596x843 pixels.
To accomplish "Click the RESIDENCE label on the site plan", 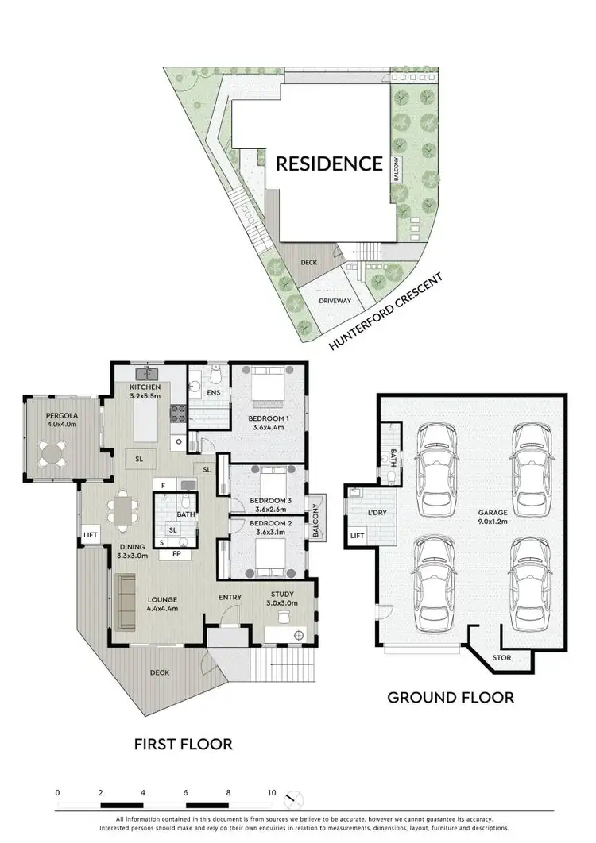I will coord(329,164).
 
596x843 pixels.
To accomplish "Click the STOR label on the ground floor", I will coord(502,658).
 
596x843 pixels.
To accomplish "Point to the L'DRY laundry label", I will coord(377,513).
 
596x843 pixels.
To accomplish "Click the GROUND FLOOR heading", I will coord(450,698).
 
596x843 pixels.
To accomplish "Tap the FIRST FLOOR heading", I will coord(184,745).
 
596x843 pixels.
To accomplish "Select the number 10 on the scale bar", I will coord(271,793).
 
